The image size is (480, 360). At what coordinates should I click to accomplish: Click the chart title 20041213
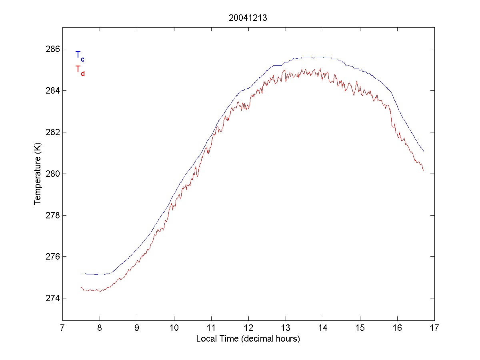[248, 18]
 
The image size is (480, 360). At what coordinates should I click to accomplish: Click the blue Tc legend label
[80, 56]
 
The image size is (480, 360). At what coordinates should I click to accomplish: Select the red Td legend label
[80, 70]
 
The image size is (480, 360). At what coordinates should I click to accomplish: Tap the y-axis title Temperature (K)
[38, 174]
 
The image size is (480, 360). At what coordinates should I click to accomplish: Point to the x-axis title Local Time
[248, 339]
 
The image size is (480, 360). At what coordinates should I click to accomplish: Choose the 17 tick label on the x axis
[434, 329]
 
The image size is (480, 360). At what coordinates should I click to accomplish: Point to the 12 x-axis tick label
[248, 329]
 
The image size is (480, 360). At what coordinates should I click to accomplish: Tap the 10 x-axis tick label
[174, 329]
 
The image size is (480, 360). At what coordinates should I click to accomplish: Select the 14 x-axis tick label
[323, 329]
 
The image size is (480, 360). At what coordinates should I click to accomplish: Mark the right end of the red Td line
[424, 171]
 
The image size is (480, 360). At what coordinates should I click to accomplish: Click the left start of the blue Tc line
[81, 273]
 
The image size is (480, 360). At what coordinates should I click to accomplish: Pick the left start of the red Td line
[81, 287]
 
